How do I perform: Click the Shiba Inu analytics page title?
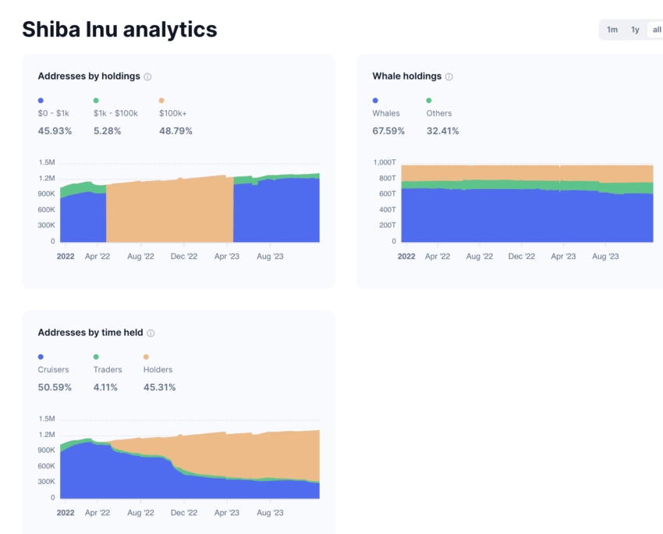119,30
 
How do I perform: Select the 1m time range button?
612,30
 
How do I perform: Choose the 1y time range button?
635,30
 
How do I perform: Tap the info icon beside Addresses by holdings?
147,77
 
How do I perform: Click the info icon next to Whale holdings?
448,77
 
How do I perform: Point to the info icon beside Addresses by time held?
151,333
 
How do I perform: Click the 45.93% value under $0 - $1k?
55,131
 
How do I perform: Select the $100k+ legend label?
172,113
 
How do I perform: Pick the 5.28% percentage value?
107,131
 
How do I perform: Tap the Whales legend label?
386,113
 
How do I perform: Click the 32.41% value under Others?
442,131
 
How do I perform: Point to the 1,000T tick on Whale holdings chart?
385,162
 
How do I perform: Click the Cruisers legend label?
53,369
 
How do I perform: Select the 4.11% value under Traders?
107,387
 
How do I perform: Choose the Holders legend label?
158,369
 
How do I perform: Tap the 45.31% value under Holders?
159,387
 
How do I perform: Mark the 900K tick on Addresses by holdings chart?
47,194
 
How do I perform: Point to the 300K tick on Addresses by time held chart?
47,482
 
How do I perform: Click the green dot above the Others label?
429,101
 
